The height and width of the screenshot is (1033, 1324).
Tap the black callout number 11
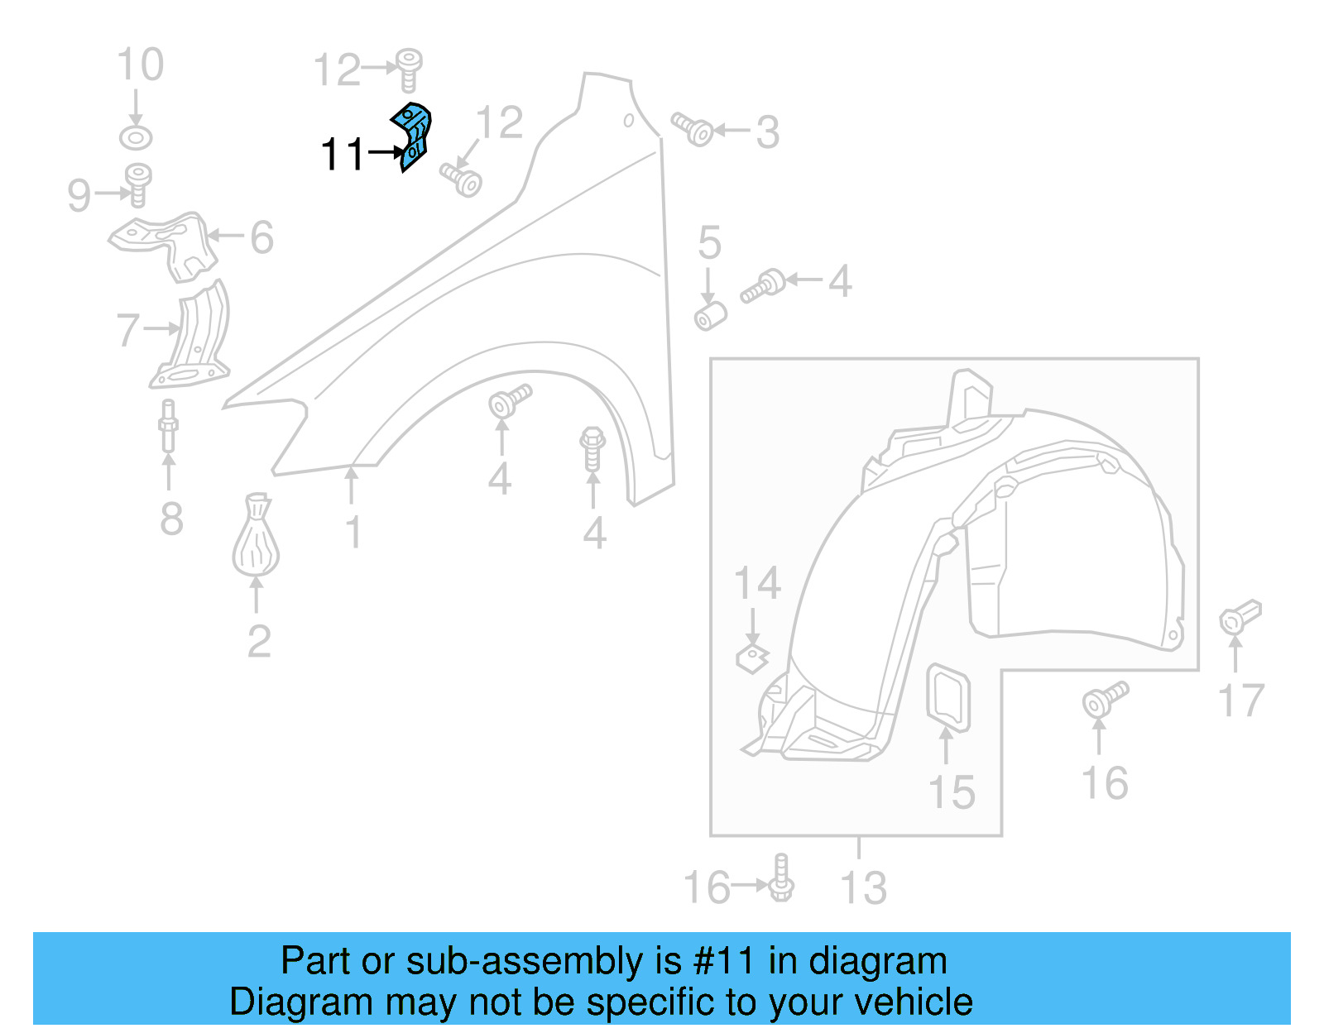tap(342, 155)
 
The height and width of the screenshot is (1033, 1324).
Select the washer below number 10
tap(136, 137)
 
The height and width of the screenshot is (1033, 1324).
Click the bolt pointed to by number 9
tap(137, 184)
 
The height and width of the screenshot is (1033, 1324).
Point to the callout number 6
tap(261, 238)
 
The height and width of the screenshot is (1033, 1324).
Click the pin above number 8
tap(168, 425)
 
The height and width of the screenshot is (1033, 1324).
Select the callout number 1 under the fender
tap(353, 532)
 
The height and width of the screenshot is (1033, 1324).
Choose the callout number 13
tap(863, 888)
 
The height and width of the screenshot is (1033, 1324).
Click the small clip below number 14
tap(751, 658)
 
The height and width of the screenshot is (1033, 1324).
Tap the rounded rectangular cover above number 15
tap(947, 698)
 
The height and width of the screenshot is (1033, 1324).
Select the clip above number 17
tap(1239, 617)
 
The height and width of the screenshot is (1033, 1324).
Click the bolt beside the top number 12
tap(408, 69)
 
